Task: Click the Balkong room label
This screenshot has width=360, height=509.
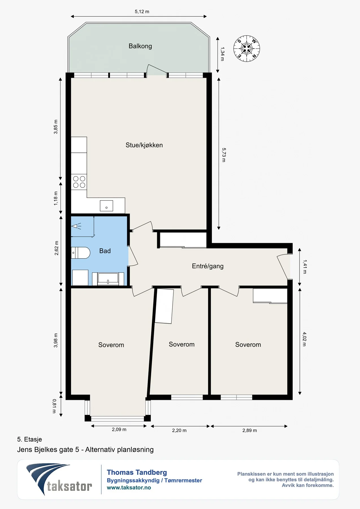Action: (x=140, y=46)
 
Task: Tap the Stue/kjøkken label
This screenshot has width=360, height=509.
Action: (x=144, y=145)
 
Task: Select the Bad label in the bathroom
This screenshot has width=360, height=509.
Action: (x=105, y=251)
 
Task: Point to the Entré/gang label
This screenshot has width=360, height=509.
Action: (x=208, y=266)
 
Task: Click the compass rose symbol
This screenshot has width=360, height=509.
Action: (x=247, y=49)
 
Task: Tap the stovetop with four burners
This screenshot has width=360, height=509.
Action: (x=79, y=182)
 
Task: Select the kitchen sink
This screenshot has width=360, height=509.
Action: (x=106, y=206)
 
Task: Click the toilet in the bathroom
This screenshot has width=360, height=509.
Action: (x=81, y=253)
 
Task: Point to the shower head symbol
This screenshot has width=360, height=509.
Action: (x=76, y=226)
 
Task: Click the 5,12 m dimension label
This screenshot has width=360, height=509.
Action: (x=142, y=12)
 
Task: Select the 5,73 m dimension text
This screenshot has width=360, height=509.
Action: (x=224, y=155)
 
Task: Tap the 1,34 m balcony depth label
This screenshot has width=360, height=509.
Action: (x=222, y=54)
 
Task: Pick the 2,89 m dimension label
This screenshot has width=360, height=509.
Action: (x=249, y=430)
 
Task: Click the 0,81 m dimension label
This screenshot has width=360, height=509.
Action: (x=54, y=406)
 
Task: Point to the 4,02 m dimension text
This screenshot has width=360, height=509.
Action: (x=304, y=339)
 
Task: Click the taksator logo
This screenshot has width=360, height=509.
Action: (x=59, y=479)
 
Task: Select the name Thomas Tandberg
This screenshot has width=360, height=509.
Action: (x=137, y=473)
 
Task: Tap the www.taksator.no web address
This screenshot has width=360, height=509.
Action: (x=129, y=488)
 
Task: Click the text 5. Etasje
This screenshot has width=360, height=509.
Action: (x=29, y=439)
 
